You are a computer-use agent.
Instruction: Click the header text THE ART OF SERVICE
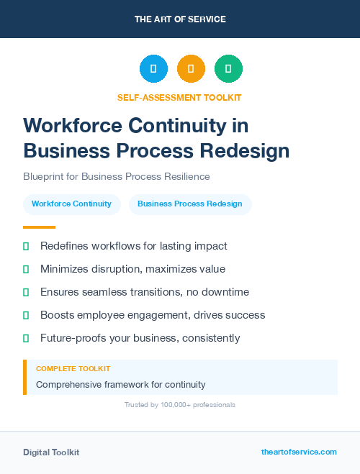(x=180, y=19)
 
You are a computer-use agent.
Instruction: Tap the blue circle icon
(x=153, y=69)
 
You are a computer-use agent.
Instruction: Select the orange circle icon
(x=191, y=69)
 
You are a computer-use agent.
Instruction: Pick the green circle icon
(x=228, y=69)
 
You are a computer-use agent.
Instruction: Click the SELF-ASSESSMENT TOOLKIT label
(x=179, y=97)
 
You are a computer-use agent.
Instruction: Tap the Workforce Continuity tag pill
(x=71, y=204)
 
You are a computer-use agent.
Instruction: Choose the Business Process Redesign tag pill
(x=190, y=204)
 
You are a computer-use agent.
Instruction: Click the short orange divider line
(x=35, y=227)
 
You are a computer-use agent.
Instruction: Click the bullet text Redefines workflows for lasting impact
(x=133, y=246)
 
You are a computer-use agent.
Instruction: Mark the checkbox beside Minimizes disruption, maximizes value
(x=26, y=269)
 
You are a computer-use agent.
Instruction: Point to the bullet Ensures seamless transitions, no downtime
(x=144, y=292)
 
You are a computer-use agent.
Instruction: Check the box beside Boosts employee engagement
(x=26, y=315)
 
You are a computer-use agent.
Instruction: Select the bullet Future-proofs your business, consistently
(x=140, y=338)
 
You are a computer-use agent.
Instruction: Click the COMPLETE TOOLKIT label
(x=73, y=368)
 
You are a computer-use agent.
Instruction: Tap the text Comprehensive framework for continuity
(x=120, y=384)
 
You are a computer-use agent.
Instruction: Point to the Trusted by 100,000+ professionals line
(x=179, y=405)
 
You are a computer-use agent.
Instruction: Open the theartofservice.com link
(x=299, y=452)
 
